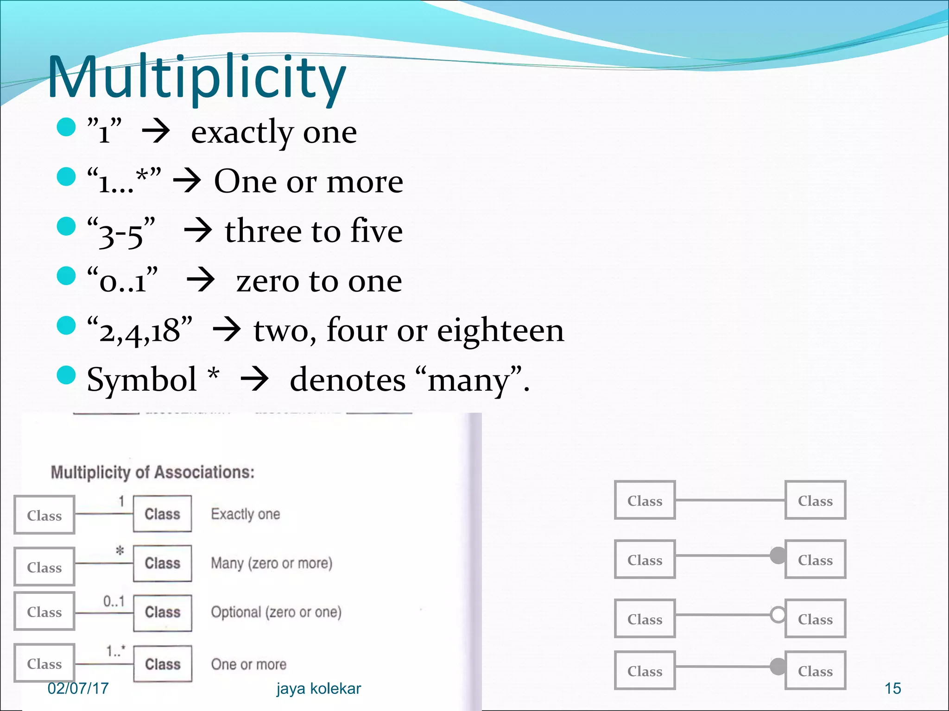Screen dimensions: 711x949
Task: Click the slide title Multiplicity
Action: click(196, 78)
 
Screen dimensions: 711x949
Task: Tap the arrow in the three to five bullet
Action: click(198, 231)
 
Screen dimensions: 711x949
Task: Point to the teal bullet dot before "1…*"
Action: click(66, 176)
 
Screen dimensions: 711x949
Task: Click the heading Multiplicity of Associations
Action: click(152, 472)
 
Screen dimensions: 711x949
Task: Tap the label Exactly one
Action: click(245, 514)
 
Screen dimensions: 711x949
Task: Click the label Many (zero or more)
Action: click(272, 563)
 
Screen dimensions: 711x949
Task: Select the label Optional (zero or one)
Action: click(276, 612)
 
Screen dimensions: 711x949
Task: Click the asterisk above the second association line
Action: click(120, 551)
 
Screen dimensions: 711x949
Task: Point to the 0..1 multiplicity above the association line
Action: click(114, 601)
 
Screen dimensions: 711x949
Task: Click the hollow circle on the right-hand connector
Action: click(778, 615)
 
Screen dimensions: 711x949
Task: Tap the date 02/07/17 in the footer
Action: click(78, 688)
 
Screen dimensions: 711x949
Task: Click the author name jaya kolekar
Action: click(318, 689)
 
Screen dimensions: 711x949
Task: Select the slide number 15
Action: click(892, 689)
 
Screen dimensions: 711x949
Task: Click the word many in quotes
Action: click(469, 381)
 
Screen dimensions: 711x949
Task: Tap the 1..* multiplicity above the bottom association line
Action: click(115, 651)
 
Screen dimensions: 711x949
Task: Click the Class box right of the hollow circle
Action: click(815, 619)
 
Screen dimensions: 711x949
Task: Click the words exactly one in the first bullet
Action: click(274, 133)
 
